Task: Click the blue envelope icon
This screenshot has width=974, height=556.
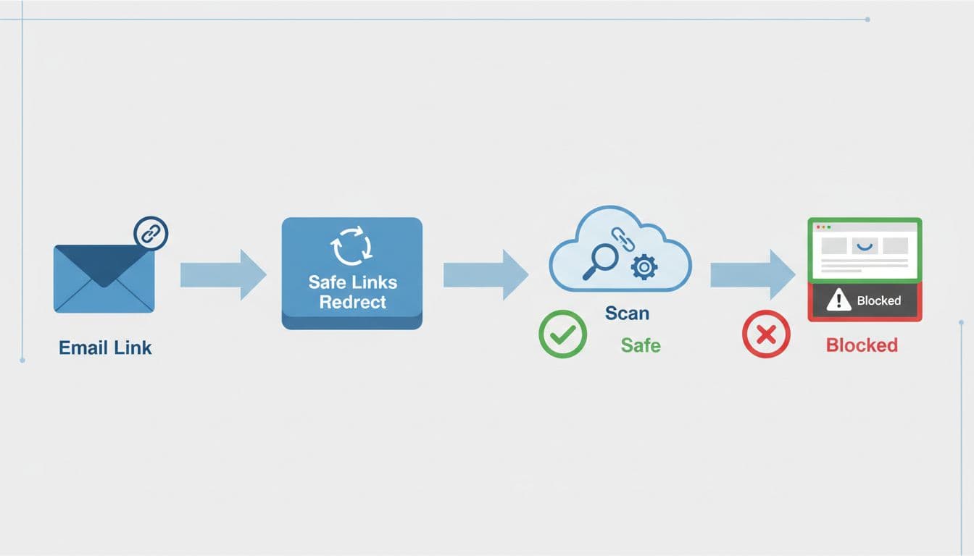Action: pos(104,279)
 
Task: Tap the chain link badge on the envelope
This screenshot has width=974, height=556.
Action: pos(151,234)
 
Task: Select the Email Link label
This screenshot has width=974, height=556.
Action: pos(105,347)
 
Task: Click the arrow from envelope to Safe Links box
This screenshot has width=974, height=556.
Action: pos(223,274)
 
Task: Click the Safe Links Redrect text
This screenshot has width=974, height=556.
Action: pos(352,291)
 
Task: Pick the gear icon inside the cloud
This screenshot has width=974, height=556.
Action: pos(644,267)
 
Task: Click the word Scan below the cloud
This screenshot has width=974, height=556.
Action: pos(627,313)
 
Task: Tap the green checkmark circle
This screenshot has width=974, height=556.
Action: pos(562,334)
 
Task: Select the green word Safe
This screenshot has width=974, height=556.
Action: pos(641,345)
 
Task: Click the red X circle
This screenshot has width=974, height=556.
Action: pos(766,334)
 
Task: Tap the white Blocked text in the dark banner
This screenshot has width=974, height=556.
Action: pos(878,300)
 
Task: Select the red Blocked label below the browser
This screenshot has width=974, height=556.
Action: pos(862,345)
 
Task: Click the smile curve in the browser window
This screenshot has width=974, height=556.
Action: pos(865,246)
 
